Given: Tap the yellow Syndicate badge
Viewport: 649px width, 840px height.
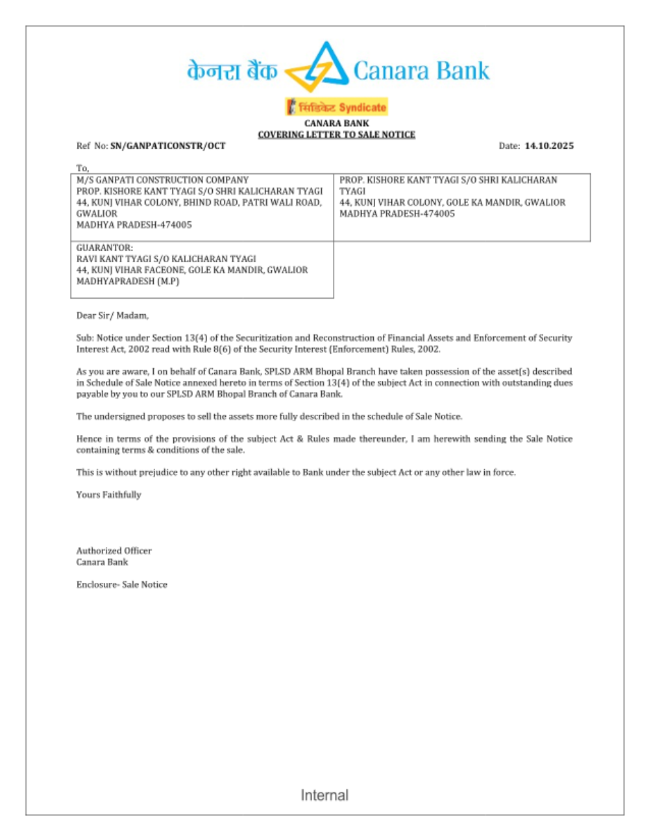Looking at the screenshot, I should coord(336,107).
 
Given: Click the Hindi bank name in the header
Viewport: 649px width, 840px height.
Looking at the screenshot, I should coord(232,71).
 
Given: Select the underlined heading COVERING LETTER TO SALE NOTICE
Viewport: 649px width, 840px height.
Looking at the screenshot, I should coord(336,134).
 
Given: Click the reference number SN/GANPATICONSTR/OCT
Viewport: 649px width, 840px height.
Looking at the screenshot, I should coord(167,146).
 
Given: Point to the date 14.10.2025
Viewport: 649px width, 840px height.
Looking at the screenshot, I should coord(549,146).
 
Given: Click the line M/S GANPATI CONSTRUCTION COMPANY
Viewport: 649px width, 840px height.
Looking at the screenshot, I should coord(162,180).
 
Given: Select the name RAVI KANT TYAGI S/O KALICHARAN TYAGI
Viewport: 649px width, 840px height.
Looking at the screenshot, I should coord(166,259).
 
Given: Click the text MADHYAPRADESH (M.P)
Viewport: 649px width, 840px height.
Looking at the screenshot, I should coord(128,281).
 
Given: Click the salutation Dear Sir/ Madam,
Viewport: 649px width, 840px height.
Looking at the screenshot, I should coord(112,315).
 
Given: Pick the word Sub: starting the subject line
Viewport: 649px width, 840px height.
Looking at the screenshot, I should coord(85,338).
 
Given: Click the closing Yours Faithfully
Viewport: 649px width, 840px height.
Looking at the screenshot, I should coord(108,495).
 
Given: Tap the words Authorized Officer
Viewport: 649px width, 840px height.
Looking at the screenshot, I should coord(114,550).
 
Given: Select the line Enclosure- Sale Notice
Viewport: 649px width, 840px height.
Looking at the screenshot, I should coord(121,584).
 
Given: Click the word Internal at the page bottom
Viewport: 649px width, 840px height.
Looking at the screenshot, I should coord(324,795).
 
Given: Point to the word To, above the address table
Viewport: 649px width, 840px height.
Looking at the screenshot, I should coord(82,168).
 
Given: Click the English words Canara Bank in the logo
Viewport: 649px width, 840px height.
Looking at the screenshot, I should coord(421,71).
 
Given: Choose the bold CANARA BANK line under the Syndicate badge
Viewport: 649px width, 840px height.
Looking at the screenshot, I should coord(336,123).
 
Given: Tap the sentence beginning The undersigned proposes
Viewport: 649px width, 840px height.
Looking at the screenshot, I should coord(269,416).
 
